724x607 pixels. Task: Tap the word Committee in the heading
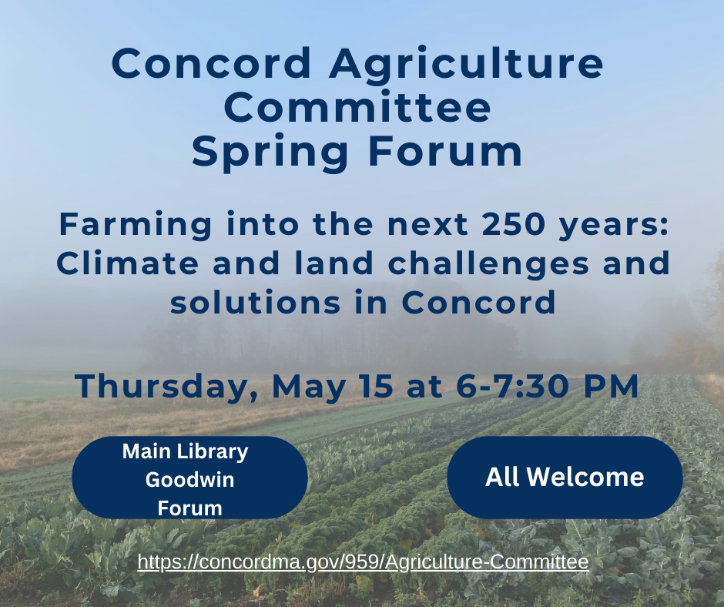[357, 107]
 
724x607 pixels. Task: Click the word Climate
[127, 263]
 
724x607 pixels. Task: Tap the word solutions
[256, 303]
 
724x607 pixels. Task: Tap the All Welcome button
[565, 477]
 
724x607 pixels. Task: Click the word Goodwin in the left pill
[189, 479]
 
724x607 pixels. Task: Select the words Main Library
[185, 452]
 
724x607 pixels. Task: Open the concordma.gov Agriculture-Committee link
[363, 562]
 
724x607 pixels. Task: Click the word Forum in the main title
[445, 152]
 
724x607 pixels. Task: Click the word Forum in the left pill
[189, 508]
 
